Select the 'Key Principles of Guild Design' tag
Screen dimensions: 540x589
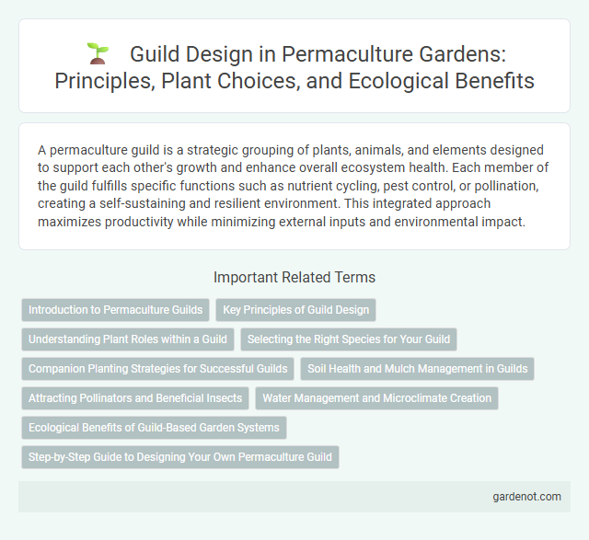[295, 310]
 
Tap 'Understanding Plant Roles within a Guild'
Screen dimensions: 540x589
[128, 339]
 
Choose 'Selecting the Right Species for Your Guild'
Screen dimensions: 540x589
[349, 339]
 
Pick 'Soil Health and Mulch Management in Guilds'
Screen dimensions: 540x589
[418, 369]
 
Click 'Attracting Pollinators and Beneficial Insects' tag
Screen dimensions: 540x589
[135, 398]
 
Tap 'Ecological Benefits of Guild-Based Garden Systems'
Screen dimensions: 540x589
[155, 428]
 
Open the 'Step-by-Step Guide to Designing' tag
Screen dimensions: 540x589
[180, 457]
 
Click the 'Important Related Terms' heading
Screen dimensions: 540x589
[294, 276]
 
